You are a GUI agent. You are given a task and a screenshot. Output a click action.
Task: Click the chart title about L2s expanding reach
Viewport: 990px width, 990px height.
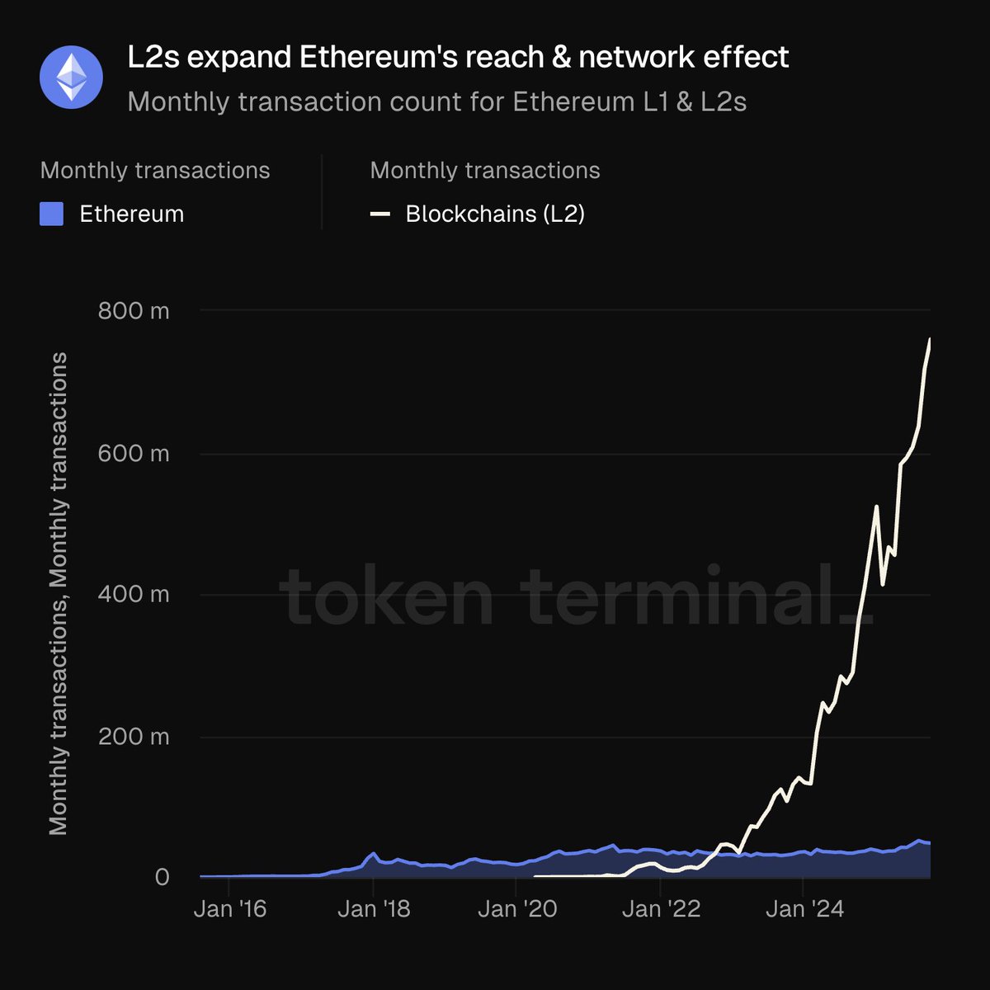pos(458,57)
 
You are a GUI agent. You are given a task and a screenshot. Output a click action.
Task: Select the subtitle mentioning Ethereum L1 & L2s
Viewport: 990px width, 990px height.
pos(437,101)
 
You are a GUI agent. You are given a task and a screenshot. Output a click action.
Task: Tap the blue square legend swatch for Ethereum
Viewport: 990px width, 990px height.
pos(52,214)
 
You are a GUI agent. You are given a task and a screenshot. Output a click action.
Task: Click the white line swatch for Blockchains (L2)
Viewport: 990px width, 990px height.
pos(380,214)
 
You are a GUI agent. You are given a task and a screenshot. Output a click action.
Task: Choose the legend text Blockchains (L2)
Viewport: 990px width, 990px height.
pos(495,214)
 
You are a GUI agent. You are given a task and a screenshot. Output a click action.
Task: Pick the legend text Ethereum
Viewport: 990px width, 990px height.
pos(131,214)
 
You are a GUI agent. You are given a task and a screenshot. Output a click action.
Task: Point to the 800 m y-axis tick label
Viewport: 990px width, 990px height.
pos(133,311)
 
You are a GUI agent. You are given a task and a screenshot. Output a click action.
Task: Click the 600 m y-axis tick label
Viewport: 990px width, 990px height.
pos(133,453)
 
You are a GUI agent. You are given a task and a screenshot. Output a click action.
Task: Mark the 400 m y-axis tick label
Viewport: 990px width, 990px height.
pos(133,595)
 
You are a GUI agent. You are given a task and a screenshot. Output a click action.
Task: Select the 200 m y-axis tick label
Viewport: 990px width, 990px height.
pos(133,736)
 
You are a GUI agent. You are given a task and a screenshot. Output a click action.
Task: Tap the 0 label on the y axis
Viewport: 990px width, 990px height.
pos(162,877)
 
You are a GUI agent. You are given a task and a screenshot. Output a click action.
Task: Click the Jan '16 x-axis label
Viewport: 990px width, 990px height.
pos(230,909)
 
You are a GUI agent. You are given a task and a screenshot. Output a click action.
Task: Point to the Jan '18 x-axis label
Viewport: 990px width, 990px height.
pos(374,909)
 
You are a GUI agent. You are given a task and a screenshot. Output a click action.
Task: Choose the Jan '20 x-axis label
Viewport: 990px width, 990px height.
pos(517,909)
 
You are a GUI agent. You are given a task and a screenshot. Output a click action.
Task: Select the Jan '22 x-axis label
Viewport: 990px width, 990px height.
pos(661,909)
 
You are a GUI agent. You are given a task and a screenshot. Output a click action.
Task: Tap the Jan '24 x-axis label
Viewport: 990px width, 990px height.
pos(804,909)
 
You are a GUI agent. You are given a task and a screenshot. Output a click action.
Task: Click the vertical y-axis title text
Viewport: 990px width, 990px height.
pos(58,594)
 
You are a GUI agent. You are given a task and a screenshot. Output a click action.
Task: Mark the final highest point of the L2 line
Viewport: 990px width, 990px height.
pos(930,339)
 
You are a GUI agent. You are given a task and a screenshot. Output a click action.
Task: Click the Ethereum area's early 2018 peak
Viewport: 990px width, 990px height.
pos(374,853)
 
